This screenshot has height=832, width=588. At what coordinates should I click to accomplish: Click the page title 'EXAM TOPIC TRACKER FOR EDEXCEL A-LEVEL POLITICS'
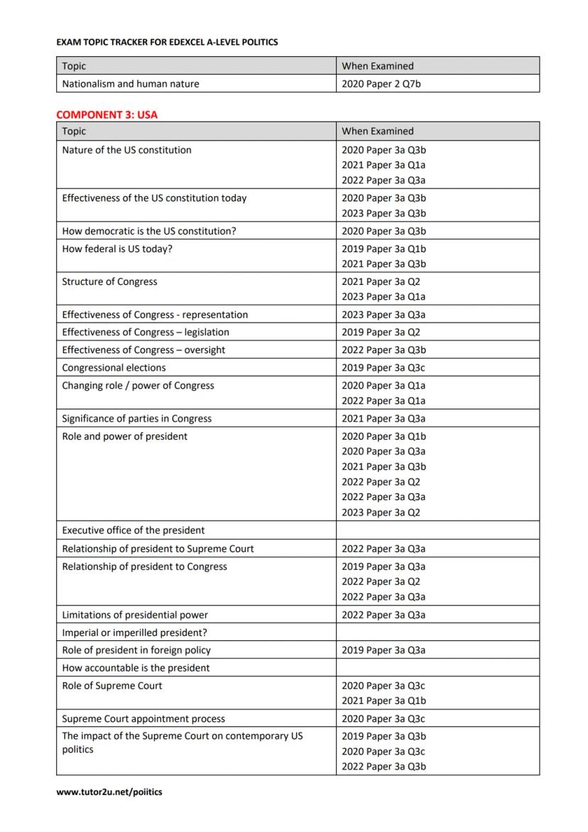167,43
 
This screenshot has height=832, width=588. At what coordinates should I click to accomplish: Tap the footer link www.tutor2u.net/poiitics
109,792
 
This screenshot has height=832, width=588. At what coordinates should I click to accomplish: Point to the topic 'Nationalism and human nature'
131,84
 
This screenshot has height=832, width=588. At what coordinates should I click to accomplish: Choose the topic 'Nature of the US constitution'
126,150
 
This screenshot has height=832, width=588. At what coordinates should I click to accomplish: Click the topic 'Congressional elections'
114,367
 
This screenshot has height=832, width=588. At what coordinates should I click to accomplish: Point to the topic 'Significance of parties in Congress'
136,418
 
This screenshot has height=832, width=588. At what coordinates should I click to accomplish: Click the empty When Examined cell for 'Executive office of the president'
437,530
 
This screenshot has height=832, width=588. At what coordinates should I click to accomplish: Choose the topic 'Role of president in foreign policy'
136,650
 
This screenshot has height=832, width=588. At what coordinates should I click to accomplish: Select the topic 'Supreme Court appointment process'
143,718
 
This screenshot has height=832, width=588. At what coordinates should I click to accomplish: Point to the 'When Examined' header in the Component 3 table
377,131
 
